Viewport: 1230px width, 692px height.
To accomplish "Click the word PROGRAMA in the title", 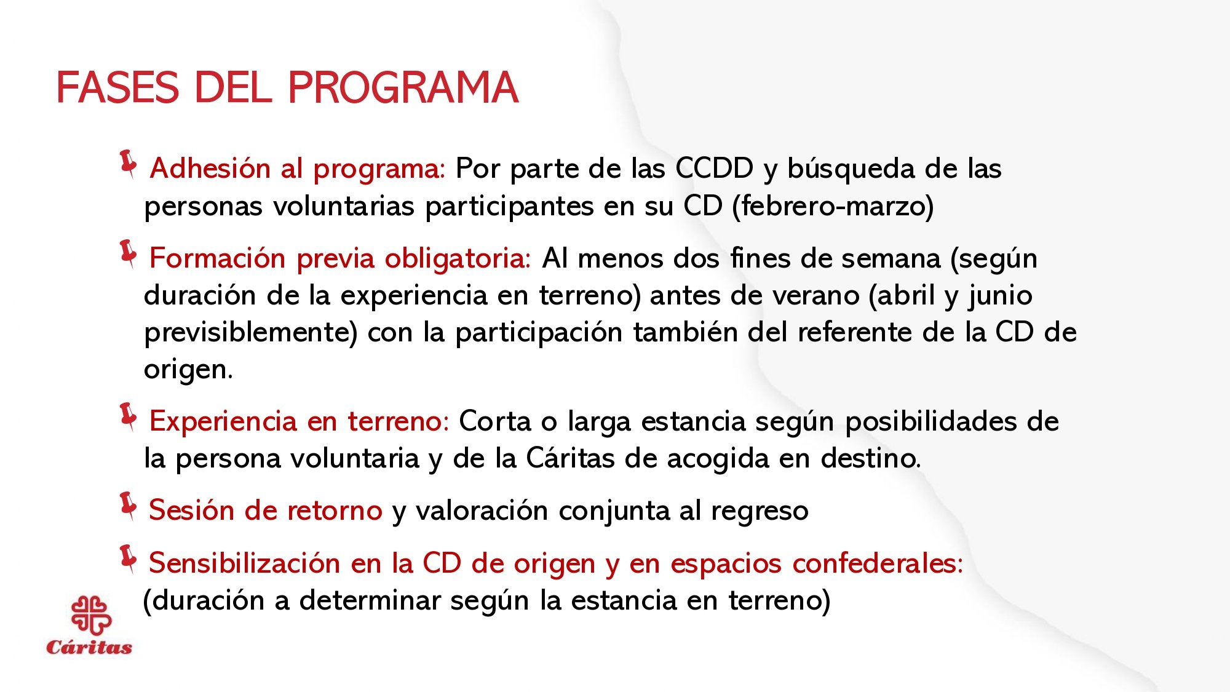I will tap(403, 88).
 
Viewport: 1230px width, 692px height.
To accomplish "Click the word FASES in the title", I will tap(117, 88).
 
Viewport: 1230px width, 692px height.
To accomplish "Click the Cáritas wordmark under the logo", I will tap(89, 648).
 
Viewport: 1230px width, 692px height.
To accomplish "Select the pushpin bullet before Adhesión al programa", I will tap(129, 164).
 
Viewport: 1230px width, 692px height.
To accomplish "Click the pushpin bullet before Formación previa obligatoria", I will tap(129, 254).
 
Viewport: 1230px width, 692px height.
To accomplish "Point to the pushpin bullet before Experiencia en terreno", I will tap(129, 417).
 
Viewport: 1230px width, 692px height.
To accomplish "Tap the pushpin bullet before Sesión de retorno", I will tap(129, 506).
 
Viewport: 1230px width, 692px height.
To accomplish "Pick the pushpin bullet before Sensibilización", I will tap(129, 559).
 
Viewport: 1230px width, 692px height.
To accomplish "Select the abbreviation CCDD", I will tap(714, 169).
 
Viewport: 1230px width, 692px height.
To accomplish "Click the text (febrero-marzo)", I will tap(833, 206).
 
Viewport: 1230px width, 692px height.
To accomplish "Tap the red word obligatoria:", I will tap(458, 258).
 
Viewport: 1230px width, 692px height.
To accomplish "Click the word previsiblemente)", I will tap(250, 333).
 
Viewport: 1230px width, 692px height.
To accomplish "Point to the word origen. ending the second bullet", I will tap(188, 370).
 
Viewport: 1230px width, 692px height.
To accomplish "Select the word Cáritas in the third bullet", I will tap(570, 459).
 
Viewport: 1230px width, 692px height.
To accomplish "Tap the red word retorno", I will tap(335, 511).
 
